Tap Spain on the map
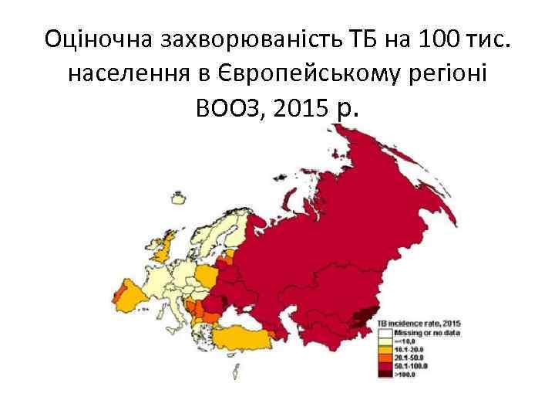140,297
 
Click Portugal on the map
119,296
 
